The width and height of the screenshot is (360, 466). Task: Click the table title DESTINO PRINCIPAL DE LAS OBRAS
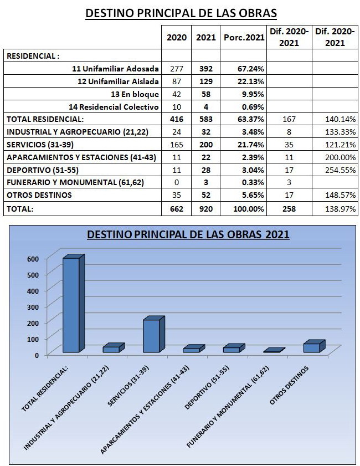pyautogui.click(x=181, y=13)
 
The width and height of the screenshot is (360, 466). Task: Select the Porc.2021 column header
pyautogui.click(x=244, y=37)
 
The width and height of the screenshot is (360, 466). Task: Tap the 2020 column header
pyautogui.click(x=177, y=37)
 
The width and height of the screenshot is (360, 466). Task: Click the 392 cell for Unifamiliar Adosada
pyautogui.click(x=206, y=69)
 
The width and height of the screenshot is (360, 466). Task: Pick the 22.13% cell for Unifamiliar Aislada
pyautogui.click(x=250, y=81)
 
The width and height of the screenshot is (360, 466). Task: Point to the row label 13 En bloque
pyautogui.click(x=135, y=94)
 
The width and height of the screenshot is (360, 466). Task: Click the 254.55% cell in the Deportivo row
pyautogui.click(x=341, y=170)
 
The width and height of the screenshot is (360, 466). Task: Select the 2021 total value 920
pyautogui.click(x=206, y=209)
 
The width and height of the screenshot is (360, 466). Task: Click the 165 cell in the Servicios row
pyautogui.click(x=177, y=145)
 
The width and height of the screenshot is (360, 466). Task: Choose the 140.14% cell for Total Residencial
pyautogui.click(x=341, y=119)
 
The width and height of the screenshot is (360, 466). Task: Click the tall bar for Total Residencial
pyautogui.click(x=73, y=304)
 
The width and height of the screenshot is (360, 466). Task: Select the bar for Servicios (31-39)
pyautogui.click(x=153, y=334)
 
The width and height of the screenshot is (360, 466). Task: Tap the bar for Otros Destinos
pyautogui.click(x=314, y=346)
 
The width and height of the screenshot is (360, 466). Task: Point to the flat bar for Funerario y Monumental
pyautogui.click(x=274, y=350)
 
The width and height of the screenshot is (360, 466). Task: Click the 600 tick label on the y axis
pyautogui.click(x=33, y=259)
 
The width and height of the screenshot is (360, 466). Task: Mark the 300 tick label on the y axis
pyautogui.click(x=33, y=307)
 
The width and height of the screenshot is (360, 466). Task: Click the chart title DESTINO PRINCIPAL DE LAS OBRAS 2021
pyautogui.click(x=188, y=234)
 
